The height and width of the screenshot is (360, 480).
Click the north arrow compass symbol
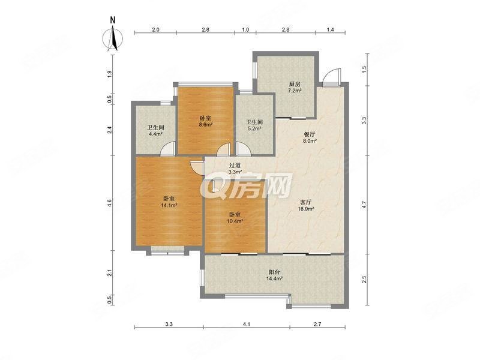tap(113, 39)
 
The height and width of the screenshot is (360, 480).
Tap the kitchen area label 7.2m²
tap(295, 91)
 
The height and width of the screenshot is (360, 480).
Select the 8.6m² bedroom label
tap(205, 125)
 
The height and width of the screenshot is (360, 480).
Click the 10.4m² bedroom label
tap(235, 221)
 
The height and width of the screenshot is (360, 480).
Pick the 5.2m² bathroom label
tap(254, 128)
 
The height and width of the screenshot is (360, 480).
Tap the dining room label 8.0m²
tap(309, 141)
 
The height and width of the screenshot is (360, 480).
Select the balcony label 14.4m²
tap(274, 278)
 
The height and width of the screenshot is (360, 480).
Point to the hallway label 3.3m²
tap(235, 172)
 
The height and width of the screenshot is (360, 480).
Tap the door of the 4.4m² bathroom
tap(168, 149)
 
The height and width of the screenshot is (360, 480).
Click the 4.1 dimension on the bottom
tap(247, 324)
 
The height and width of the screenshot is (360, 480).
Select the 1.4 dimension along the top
tap(331, 29)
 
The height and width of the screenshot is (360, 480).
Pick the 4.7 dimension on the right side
tap(364, 205)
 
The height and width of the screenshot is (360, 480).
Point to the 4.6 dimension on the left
tap(110, 203)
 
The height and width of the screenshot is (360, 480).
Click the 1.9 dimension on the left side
tap(110, 74)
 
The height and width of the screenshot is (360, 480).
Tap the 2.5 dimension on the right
tap(364, 279)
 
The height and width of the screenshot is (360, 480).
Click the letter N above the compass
tap(113, 20)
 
